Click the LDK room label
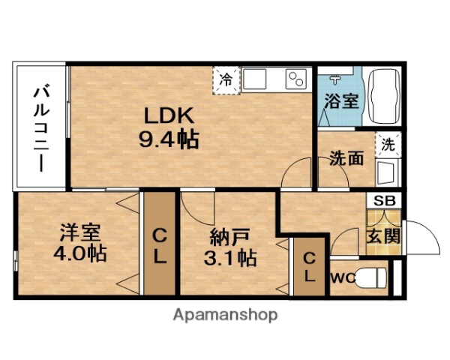click(x=169, y=116)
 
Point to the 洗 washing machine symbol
click(x=388, y=145)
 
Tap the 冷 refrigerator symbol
click(x=226, y=77)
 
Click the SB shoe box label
click(x=383, y=201)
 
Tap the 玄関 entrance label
click(x=383, y=235)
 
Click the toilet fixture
click(x=373, y=277)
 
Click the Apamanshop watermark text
click(x=225, y=315)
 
